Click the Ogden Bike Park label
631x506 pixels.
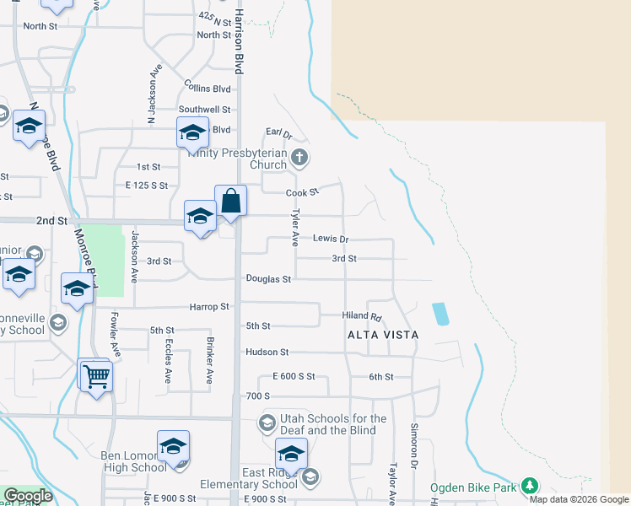(472, 487)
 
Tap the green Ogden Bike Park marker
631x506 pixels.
(529, 487)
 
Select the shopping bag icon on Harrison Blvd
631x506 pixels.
(230, 202)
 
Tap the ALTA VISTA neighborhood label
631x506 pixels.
(383, 335)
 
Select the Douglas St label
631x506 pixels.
(268, 279)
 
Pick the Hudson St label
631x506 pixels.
(267, 352)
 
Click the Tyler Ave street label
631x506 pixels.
(295, 229)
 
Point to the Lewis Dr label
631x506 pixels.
(331, 240)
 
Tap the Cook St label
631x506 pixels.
(302, 193)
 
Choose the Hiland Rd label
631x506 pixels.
(362, 315)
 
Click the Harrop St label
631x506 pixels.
(209, 307)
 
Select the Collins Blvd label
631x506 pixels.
(208, 88)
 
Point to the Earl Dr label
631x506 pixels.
(278, 133)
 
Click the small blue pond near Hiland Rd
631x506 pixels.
(440, 314)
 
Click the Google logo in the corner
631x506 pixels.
(28, 496)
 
